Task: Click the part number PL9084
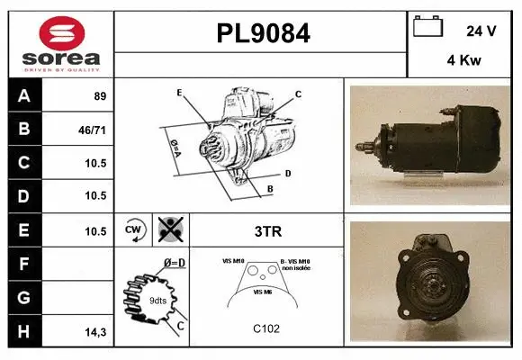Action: [262, 34]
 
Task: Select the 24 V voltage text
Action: [481, 30]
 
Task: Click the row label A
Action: [23, 95]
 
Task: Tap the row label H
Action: [23, 332]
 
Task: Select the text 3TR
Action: [268, 230]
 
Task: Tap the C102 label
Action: [267, 328]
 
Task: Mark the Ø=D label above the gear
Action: [175, 263]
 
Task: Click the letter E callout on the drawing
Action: [179, 93]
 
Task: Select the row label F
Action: [23, 265]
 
